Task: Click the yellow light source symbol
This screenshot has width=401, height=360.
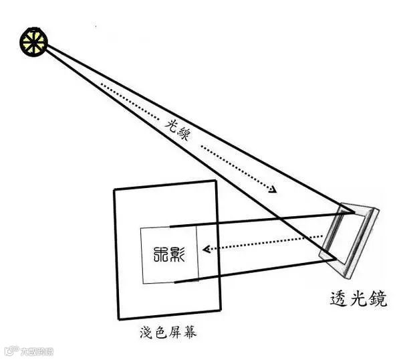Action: (33, 41)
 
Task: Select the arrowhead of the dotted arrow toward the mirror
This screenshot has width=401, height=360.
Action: (272, 190)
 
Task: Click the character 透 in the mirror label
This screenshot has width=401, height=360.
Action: (340, 298)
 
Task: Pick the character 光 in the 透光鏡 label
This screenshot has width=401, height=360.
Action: (360, 298)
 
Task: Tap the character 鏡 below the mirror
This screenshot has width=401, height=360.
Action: (379, 298)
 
